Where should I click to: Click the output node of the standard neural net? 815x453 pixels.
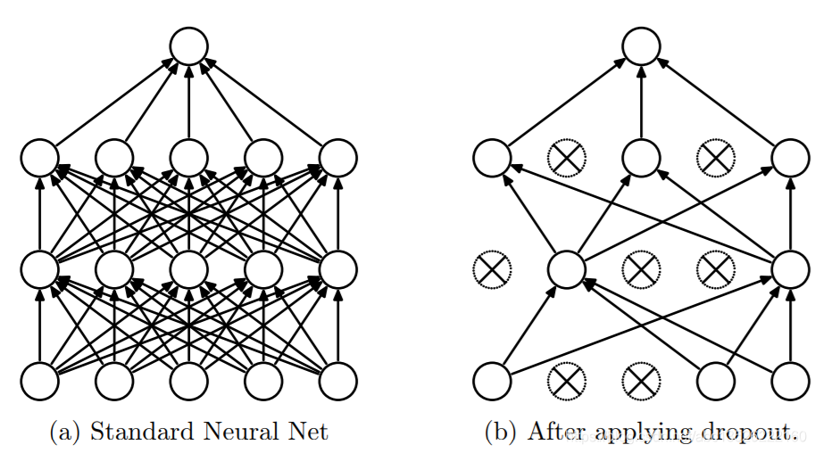188,46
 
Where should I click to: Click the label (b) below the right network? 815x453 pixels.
500,433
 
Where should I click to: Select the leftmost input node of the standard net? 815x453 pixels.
39,381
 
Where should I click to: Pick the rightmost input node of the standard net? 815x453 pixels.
338,381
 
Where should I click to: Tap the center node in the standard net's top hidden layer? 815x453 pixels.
188,158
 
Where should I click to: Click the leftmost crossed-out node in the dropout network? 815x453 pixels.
489,268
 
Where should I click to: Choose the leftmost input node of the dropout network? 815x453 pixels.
492,381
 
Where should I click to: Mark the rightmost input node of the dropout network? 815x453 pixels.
790,381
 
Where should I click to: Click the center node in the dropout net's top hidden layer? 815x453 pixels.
640,158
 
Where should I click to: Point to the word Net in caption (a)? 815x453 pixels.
309,432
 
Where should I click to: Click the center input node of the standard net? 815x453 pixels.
188,381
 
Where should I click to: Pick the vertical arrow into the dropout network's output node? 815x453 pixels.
640,103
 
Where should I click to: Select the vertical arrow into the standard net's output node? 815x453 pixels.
188,103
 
